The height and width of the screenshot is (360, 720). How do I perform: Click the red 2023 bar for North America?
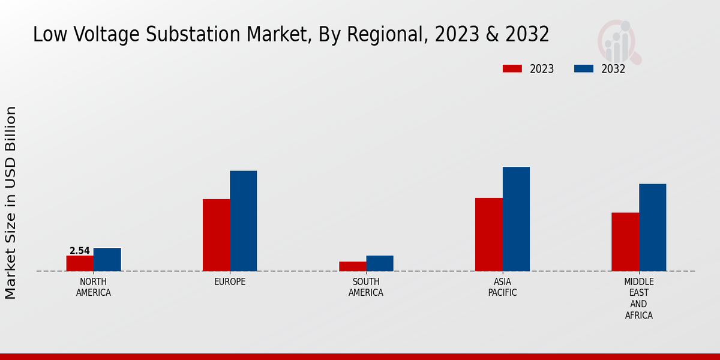pos(80,263)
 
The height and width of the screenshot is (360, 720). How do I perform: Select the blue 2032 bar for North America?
pos(107,260)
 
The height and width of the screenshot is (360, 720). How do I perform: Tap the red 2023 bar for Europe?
pos(216,235)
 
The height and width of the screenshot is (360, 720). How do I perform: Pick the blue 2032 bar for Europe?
pos(244,221)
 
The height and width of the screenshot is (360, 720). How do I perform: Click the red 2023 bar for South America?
pos(352,266)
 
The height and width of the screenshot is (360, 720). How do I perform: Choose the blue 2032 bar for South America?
pos(380,263)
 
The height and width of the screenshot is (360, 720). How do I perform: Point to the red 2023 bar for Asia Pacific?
pos(489,235)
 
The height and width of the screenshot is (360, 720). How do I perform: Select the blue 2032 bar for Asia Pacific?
pos(516,219)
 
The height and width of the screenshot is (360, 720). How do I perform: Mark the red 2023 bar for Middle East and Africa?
pos(625,242)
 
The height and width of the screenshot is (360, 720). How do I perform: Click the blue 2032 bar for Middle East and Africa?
pos(653,227)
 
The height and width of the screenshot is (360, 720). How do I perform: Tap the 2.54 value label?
pos(80,251)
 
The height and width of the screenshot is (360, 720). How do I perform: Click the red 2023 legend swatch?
pos(512,68)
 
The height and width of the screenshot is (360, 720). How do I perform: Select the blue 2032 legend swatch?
pos(584,68)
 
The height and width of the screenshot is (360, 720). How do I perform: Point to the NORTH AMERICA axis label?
pos(94,287)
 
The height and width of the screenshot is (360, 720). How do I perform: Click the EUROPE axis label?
pos(230,282)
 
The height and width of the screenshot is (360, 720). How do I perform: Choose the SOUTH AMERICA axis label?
pos(366,287)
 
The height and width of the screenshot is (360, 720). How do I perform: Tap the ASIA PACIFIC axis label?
pos(502,287)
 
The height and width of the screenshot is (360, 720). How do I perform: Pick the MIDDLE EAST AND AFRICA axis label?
pos(639,298)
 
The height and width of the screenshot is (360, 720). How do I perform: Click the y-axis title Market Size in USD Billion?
pos(11,203)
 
